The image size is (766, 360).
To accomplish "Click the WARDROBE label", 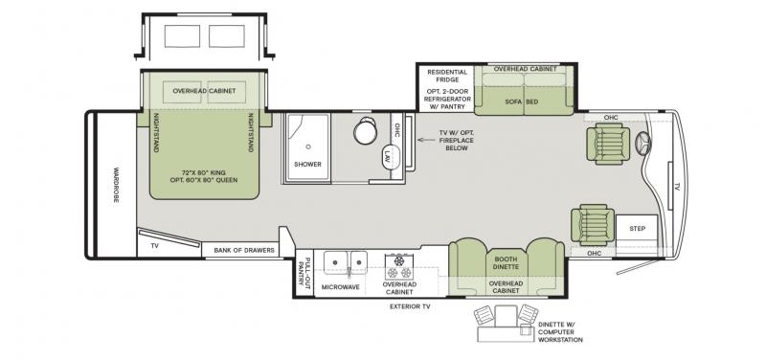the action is pyautogui.click(x=116, y=185).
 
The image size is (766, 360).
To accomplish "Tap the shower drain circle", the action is pyautogui.click(x=308, y=146).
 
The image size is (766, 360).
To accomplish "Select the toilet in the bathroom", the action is pyautogui.click(x=366, y=130).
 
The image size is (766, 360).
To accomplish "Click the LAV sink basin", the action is pyautogui.click(x=388, y=157).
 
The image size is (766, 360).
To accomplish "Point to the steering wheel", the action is pyautogui.click(x=643, y=145).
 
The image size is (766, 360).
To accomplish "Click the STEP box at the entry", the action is pyautogui.click(x=637, y=228).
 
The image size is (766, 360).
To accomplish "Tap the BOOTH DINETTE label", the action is pyautogui.click(x=506, y=263).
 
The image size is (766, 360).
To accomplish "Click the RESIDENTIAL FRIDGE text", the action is pyautogui.click(x=447, y=76).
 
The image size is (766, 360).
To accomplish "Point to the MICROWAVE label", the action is pyautogui.click(x=341, y=287).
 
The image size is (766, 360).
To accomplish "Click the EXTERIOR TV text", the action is pyautogui.click(x=410, y=306).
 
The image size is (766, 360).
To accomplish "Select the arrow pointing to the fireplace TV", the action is pyautogui.click(x=427, y=140).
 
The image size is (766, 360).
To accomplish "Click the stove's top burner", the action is pyautogui.click(x=399, y=260).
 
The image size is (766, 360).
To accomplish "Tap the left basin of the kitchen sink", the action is pyautogui.click(x=334, y=262).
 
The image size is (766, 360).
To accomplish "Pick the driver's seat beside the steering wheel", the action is pyautogui.click(x=605, y=144).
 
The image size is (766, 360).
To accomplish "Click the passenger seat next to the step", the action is pyautogui.click(x=593, y=225).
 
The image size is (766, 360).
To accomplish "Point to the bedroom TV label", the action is pyautogui.click(x=155, y=246).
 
